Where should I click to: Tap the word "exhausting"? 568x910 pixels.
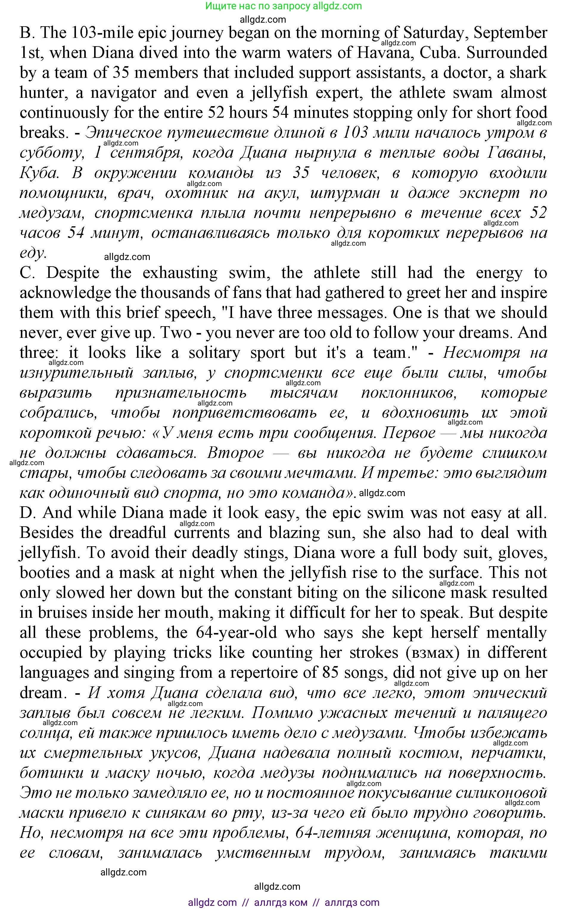[x=180, y=273]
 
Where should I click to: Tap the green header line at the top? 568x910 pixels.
[x=284, y=6]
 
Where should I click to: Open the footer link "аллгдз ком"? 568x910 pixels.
[x=281, y=903]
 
